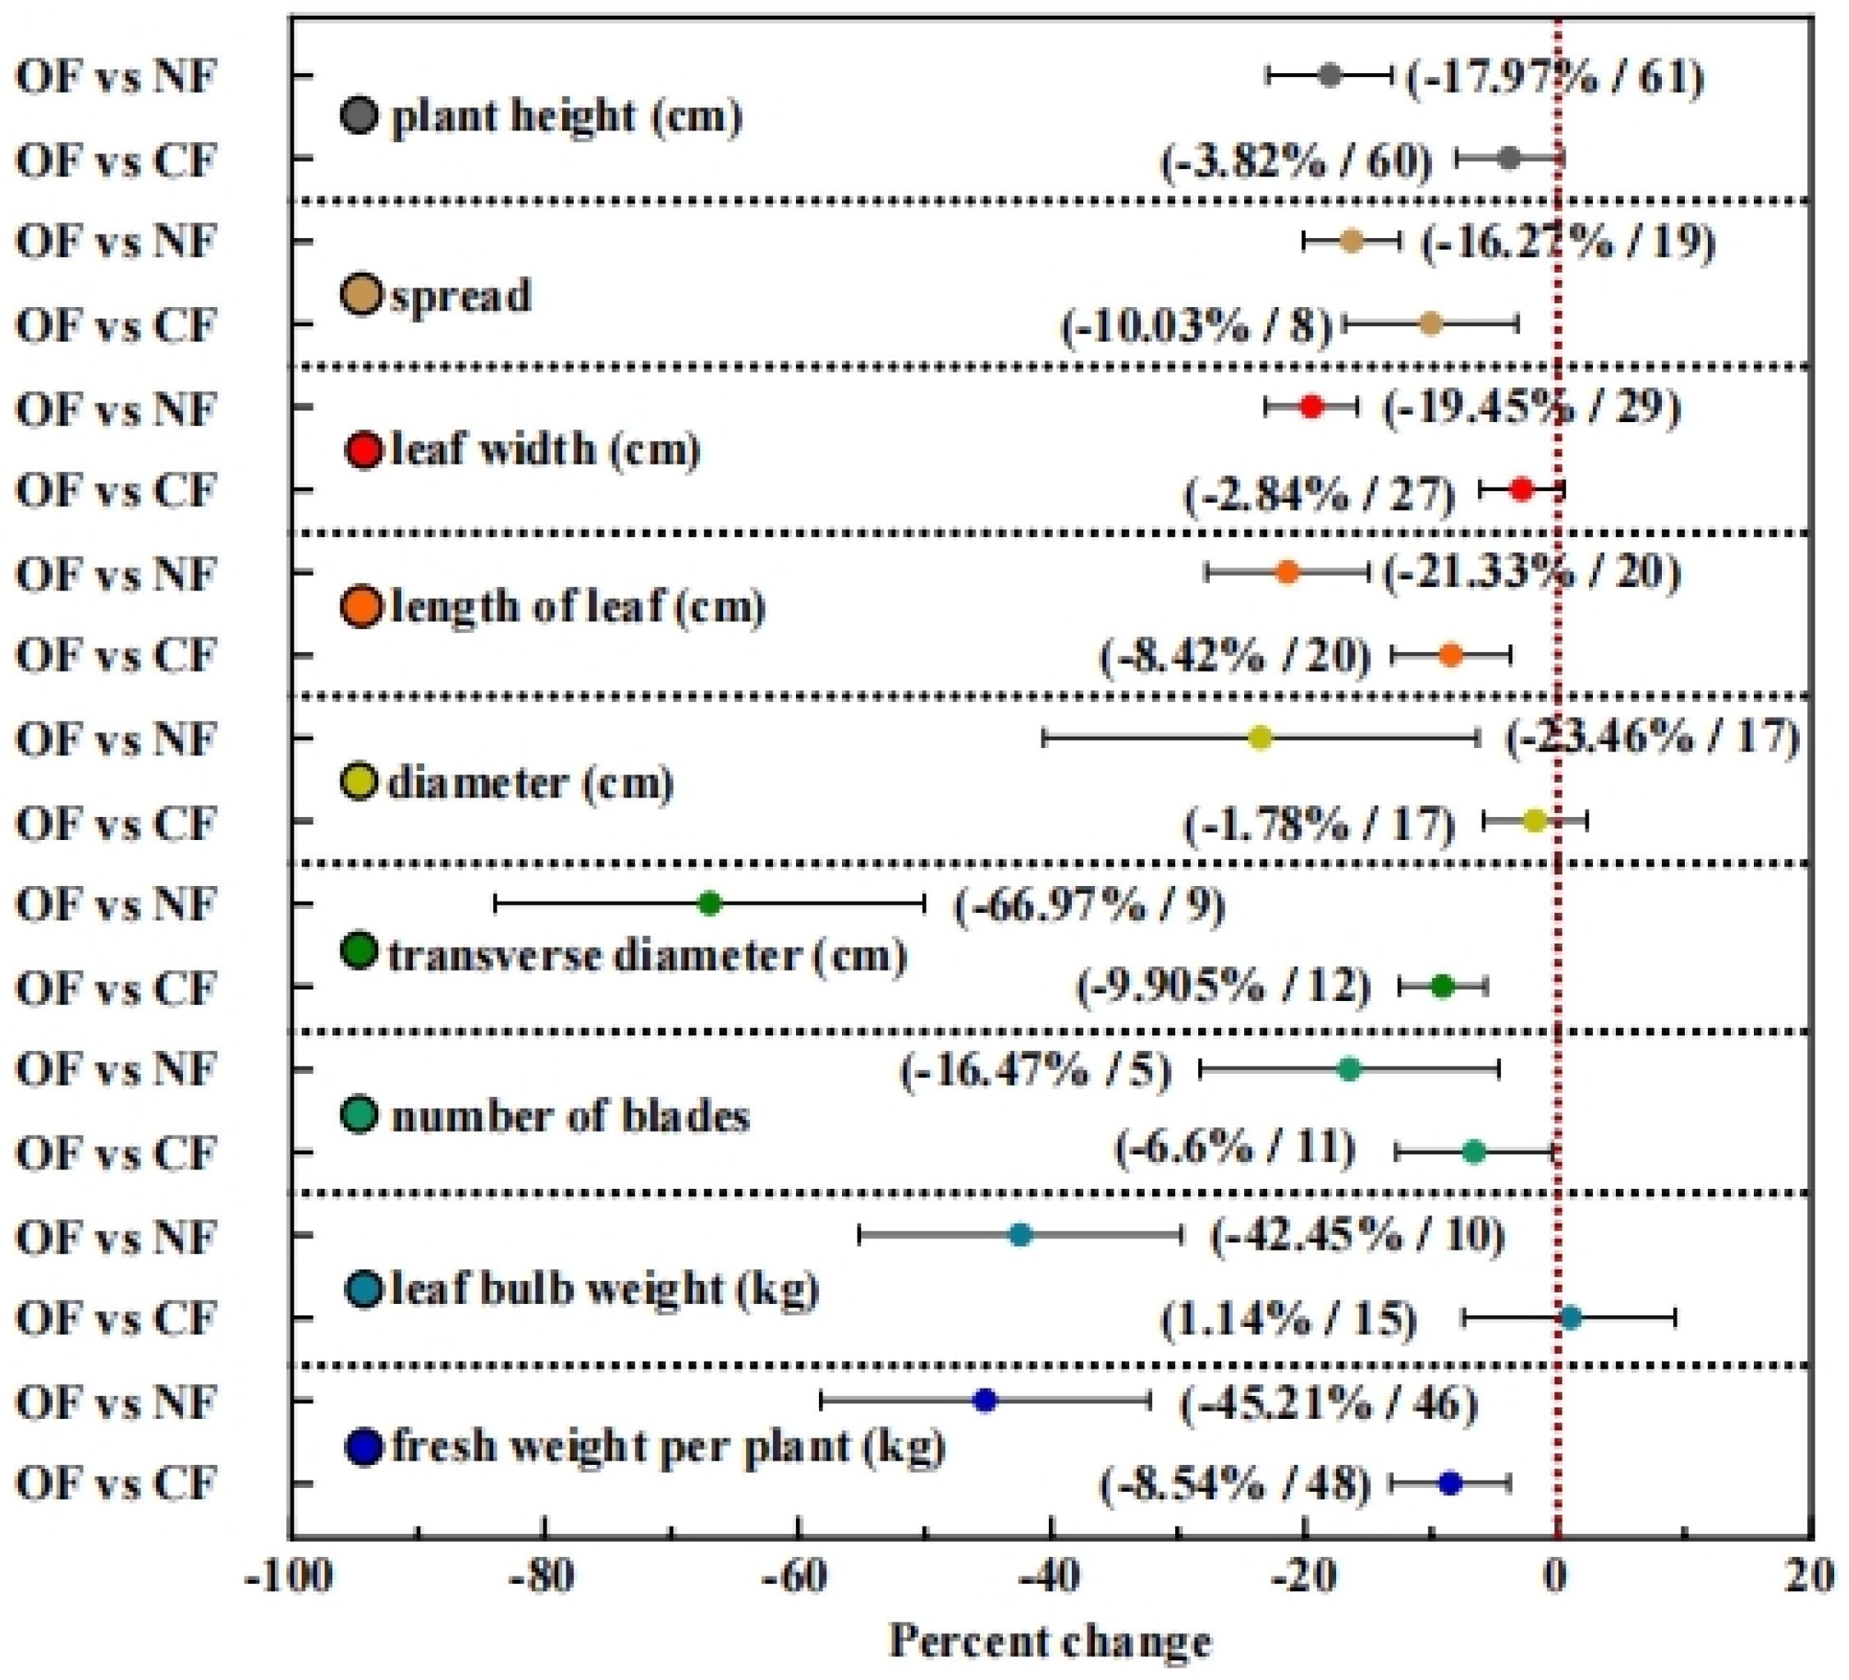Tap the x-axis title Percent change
[1050, 1641]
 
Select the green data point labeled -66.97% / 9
[709, 904]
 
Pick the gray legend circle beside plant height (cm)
[359, 116]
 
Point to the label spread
[460, 296]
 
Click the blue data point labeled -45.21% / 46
[984, 1400]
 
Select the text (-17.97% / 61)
[1554, 77]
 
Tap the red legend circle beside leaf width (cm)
[364, 450]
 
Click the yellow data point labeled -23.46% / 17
[1261, 737]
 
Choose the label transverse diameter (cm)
[648, 956]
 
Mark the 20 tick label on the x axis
[1810, 1577]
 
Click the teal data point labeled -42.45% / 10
[1020, 1235]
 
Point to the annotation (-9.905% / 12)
[1223, 986]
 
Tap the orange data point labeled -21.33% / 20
[1287, 572]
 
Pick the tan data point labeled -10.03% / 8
[1430, 323]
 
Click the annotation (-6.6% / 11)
[1234, 1147]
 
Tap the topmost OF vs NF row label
[116, 76]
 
